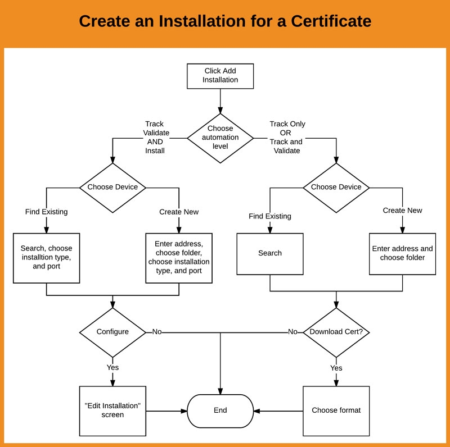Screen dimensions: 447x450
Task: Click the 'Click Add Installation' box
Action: coord(220,76)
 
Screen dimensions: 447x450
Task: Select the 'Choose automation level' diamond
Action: coord(220,138)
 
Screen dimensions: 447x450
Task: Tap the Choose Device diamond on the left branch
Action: coord(112,187)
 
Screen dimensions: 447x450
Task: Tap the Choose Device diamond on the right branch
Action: coord(336,187)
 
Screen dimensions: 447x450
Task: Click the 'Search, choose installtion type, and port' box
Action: coord(46,257)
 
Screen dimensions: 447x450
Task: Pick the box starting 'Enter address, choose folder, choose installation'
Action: coord(179,257)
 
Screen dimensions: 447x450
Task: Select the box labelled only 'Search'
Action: coord(269,253)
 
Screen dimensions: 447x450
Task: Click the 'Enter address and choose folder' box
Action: coord(402,253)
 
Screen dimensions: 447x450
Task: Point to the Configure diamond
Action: coord(112,332)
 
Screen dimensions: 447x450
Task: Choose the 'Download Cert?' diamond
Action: coord(336,332)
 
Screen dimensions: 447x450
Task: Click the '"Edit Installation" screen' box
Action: coord(112,410)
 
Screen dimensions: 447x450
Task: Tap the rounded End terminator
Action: coord(220,410)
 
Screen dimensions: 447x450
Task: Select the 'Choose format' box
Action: coord(336,410)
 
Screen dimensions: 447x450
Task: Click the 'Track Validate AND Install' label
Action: coord(155,137)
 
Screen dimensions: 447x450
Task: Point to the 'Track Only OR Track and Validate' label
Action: coord(287,137)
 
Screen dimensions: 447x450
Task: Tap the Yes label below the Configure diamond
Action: coord(112,367)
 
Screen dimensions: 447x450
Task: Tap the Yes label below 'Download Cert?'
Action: coord(336,368)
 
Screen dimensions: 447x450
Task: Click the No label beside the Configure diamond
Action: coord(157,332)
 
